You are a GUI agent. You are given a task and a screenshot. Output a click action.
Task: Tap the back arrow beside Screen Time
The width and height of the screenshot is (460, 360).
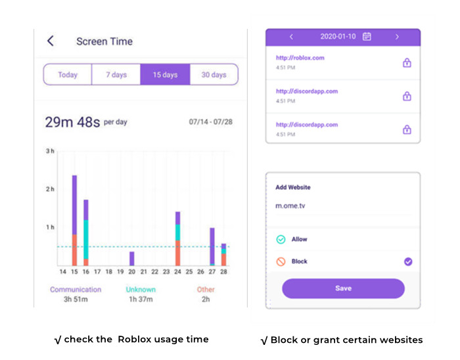point(51,41)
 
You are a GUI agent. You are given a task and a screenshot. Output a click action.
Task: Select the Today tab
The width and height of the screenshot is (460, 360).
point(68,74)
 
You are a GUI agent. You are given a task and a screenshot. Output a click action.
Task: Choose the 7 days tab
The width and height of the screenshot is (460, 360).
point(116,74)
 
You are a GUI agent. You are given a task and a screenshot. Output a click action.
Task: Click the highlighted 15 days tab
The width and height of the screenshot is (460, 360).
point(165,74)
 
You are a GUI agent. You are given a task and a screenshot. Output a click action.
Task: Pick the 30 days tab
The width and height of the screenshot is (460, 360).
point(214,74)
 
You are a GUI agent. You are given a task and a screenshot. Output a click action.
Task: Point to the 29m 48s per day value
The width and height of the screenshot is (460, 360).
point(85,122)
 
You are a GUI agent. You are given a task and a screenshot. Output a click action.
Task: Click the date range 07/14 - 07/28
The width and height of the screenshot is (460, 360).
point(211,123)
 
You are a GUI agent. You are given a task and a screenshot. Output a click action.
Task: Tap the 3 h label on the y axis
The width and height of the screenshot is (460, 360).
point(50,151)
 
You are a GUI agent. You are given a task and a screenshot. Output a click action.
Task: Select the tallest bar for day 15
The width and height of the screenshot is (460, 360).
point(74,220)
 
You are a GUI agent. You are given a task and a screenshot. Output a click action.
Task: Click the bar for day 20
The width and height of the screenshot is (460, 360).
point(131,258)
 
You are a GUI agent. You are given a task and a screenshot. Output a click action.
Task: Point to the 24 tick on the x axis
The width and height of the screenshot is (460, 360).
point(177,271)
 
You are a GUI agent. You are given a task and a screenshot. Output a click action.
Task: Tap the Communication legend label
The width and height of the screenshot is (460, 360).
point(76,289)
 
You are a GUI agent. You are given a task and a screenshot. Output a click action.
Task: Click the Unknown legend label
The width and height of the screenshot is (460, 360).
point(141,289)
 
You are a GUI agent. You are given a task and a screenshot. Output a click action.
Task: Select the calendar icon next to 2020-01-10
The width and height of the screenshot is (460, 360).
point(367,37)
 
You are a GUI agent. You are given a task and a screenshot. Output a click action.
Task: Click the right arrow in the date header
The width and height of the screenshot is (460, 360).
point(397,37)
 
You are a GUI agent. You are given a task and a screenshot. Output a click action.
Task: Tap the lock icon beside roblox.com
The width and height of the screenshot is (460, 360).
point(407,63)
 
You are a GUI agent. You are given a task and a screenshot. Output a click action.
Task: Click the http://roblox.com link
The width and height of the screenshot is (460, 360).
point(300,58)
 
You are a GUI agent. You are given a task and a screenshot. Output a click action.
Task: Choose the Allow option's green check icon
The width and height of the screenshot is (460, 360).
point(281,240)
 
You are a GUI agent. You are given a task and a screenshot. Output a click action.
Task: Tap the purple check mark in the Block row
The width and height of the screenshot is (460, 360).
point(408,261)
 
